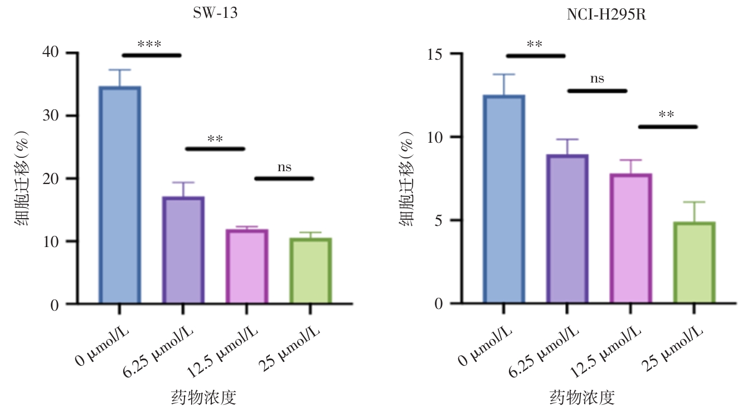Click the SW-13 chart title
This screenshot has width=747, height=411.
click(215, 14)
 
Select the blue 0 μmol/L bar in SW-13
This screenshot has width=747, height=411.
click(119, 195)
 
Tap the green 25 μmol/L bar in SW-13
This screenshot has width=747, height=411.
click(311, 271)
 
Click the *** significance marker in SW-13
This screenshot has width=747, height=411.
click(149, 44)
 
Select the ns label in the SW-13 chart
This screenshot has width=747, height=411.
click(284, 167)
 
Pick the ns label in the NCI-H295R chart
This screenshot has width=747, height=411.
click(597, 79)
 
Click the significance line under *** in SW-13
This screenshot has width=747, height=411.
click(152, 55)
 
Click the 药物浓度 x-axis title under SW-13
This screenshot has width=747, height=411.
click(203, 398)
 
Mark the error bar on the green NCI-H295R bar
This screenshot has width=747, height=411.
click(694, 212)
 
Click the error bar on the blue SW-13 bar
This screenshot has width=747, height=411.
click(119, 78)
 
